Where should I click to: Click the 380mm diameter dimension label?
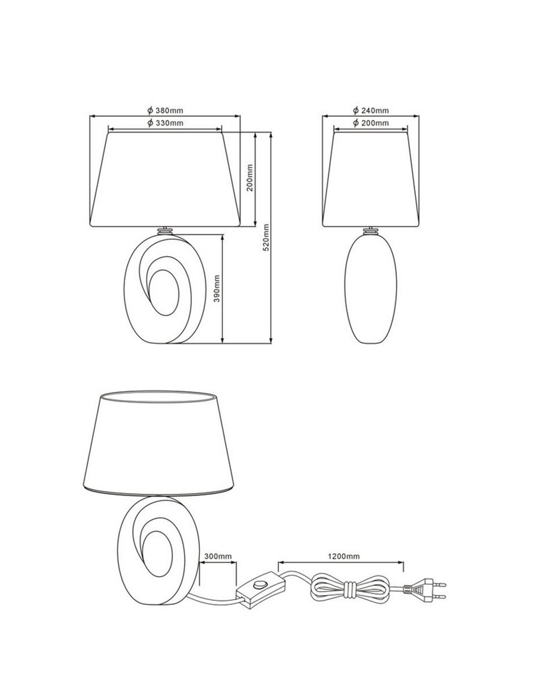tap(165, 110)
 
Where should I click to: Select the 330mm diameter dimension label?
tap(165, 123)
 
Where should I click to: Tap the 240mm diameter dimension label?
tap(371, 110)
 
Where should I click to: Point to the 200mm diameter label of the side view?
tap(371, 123)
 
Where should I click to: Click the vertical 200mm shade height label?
tap(249, 178)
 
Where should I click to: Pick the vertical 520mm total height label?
tap(266, 238)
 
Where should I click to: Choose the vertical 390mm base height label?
tap(217, 288)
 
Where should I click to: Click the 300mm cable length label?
tap(218, 556)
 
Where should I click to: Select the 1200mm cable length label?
tap(344, 556)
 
